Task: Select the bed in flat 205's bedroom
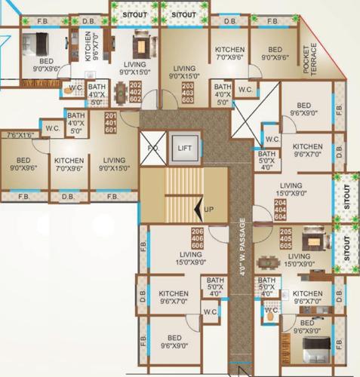point(311,349)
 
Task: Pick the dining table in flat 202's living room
point(120,93)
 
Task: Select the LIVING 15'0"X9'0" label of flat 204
point(291,189)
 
